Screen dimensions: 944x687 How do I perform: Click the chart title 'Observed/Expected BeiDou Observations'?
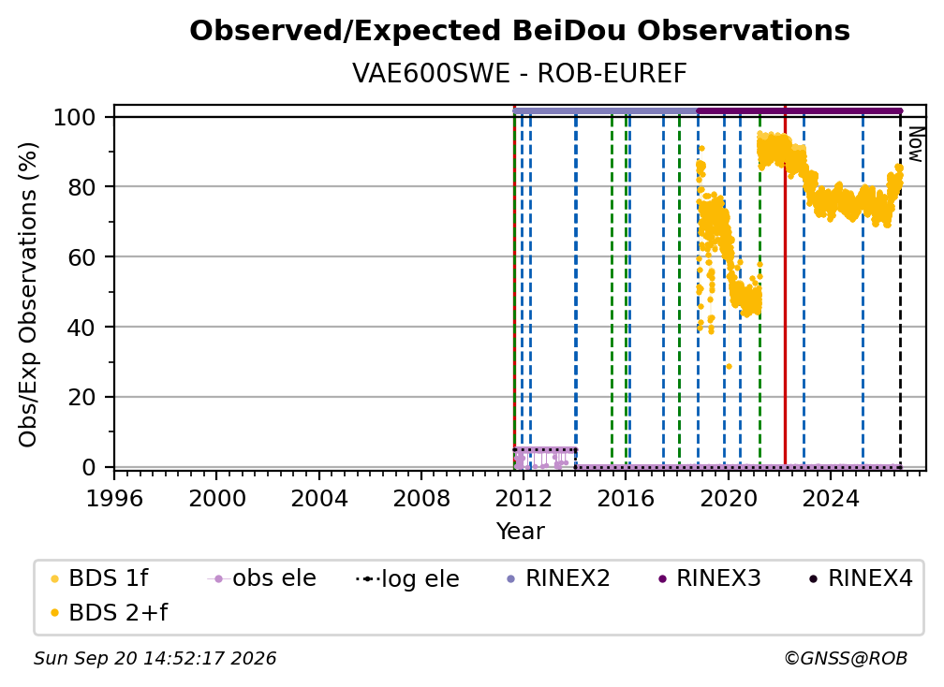[520, 31]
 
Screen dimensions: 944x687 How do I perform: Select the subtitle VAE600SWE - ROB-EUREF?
[520, 74]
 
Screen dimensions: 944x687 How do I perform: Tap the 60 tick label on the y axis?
[81, 257]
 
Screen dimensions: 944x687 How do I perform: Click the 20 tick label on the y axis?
[81, 398]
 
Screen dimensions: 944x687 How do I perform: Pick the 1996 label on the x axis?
[114, 499]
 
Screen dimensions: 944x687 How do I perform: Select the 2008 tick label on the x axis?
[420, 499]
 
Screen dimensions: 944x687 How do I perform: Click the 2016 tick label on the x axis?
[626, 499]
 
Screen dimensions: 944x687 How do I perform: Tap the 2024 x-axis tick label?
[830, 499]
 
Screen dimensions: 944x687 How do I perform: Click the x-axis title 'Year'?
[520, 532]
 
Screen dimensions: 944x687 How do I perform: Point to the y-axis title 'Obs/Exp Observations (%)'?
[28, 295]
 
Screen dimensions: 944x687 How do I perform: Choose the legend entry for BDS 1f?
[99, 578]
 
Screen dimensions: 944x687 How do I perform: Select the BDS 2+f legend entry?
[109, 613]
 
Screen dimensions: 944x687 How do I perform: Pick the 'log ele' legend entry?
[408, 578]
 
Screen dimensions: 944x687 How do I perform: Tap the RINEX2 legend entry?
[558, 578]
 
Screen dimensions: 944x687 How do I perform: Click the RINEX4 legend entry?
[861, 578]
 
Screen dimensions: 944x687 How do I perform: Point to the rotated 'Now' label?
[915, 144]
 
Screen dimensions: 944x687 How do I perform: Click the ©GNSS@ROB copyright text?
[846, 659]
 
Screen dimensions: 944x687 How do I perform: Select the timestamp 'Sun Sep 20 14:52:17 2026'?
[155, 659]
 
